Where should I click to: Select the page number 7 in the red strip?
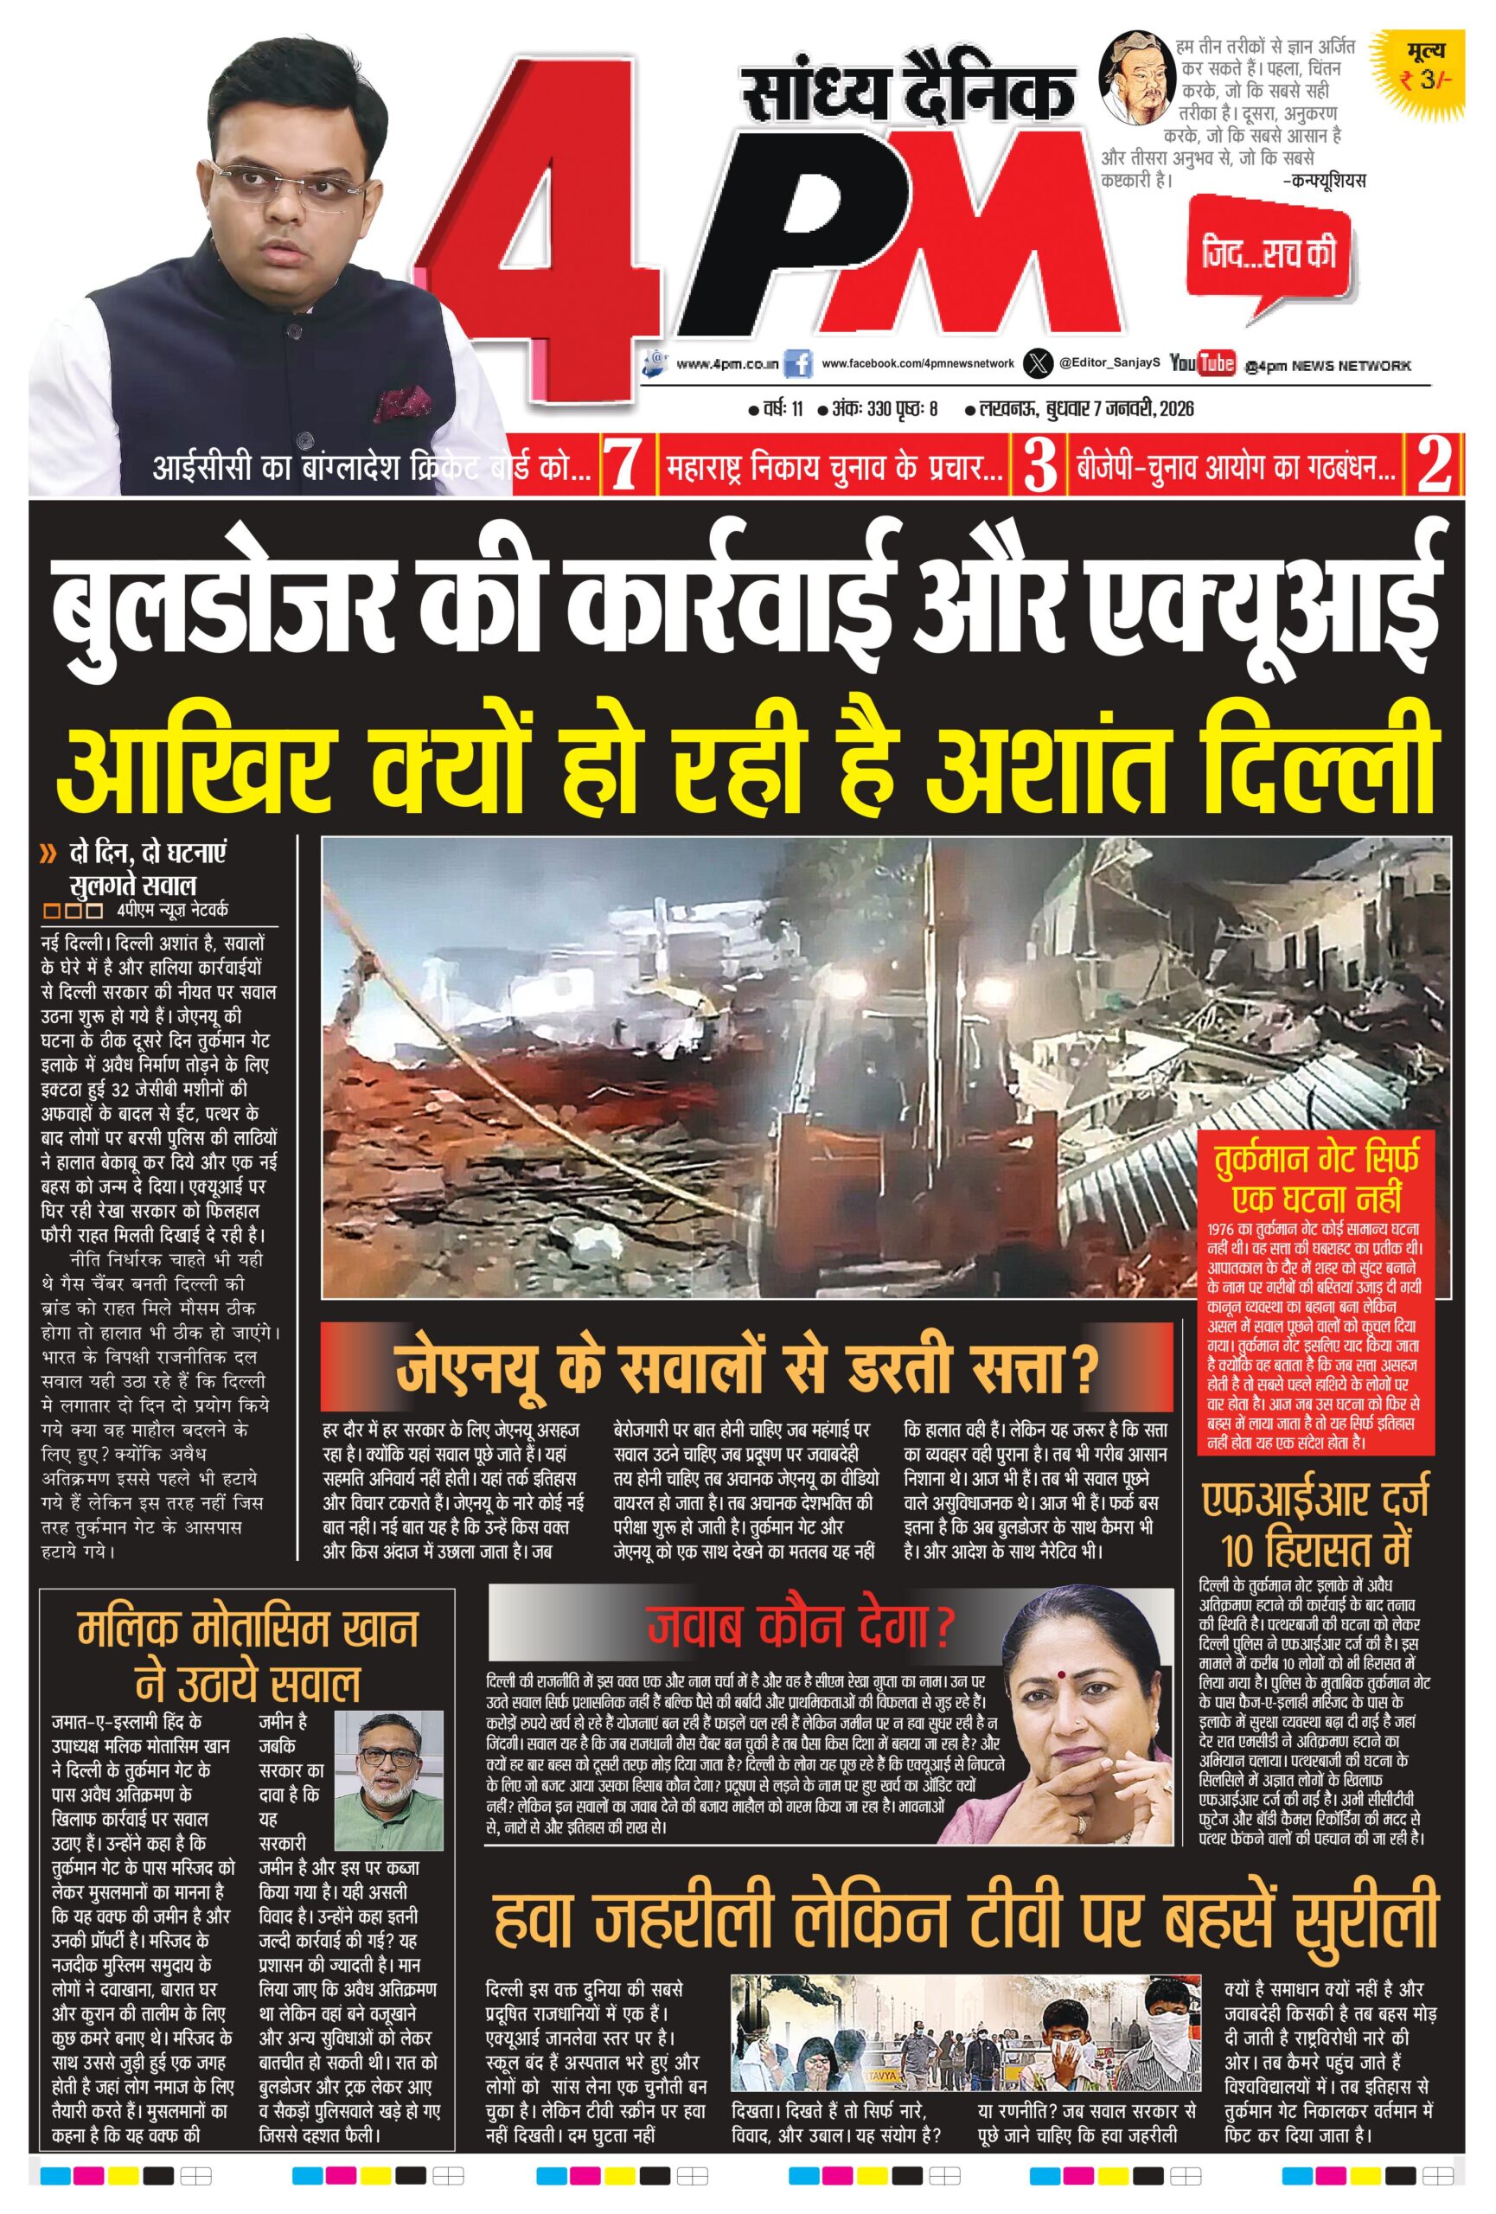(623, 466)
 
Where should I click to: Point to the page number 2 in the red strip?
(1433, 466)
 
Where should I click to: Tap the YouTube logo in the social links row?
(1202, 363)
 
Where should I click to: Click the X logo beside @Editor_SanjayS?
(1037, 363)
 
